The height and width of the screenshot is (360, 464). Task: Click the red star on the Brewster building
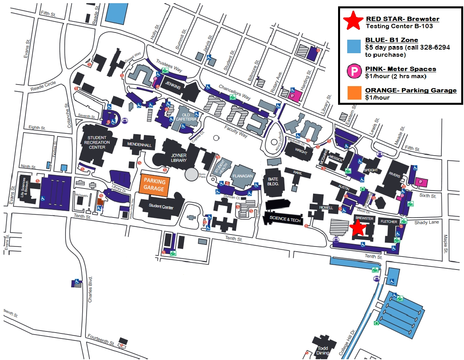358,228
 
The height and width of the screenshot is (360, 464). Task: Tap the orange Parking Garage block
155,184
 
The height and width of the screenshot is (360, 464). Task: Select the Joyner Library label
179,158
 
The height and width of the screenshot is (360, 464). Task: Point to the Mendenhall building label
139,145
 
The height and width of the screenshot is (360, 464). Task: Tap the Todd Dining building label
323,350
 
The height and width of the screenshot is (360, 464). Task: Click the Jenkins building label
174,87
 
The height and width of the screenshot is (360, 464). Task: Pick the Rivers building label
394,175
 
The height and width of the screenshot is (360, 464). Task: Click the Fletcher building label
389,221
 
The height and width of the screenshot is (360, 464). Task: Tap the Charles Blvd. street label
90,289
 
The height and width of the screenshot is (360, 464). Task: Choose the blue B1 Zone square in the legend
353,46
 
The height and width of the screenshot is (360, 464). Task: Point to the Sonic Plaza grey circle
191,174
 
